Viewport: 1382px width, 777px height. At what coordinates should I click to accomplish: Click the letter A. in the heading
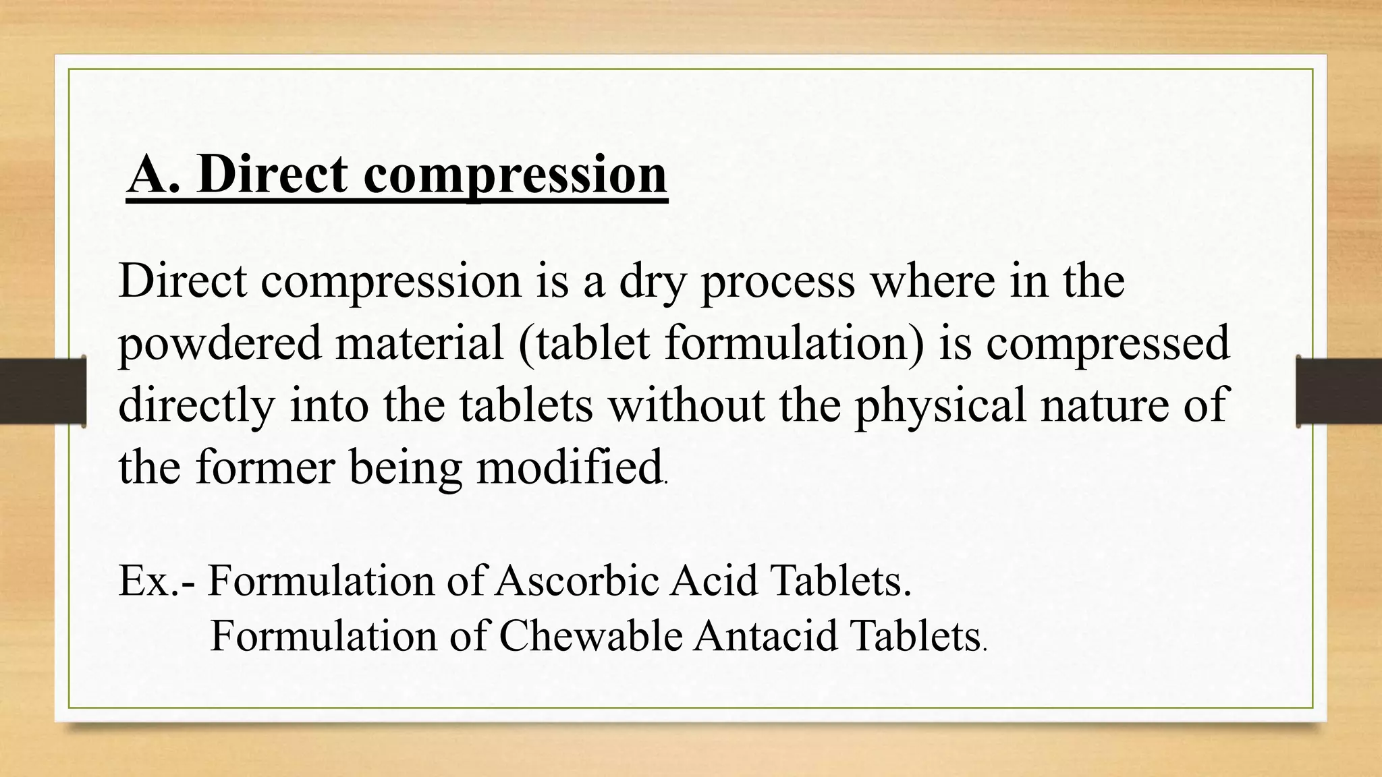point(153,175)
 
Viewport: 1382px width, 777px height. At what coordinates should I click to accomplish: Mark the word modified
point(569,467)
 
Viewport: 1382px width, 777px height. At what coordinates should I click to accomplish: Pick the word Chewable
point(590,635)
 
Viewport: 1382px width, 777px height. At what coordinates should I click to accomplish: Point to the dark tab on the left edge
point(43,391)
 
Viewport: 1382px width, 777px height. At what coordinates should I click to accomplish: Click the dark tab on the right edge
point(1339,391)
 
